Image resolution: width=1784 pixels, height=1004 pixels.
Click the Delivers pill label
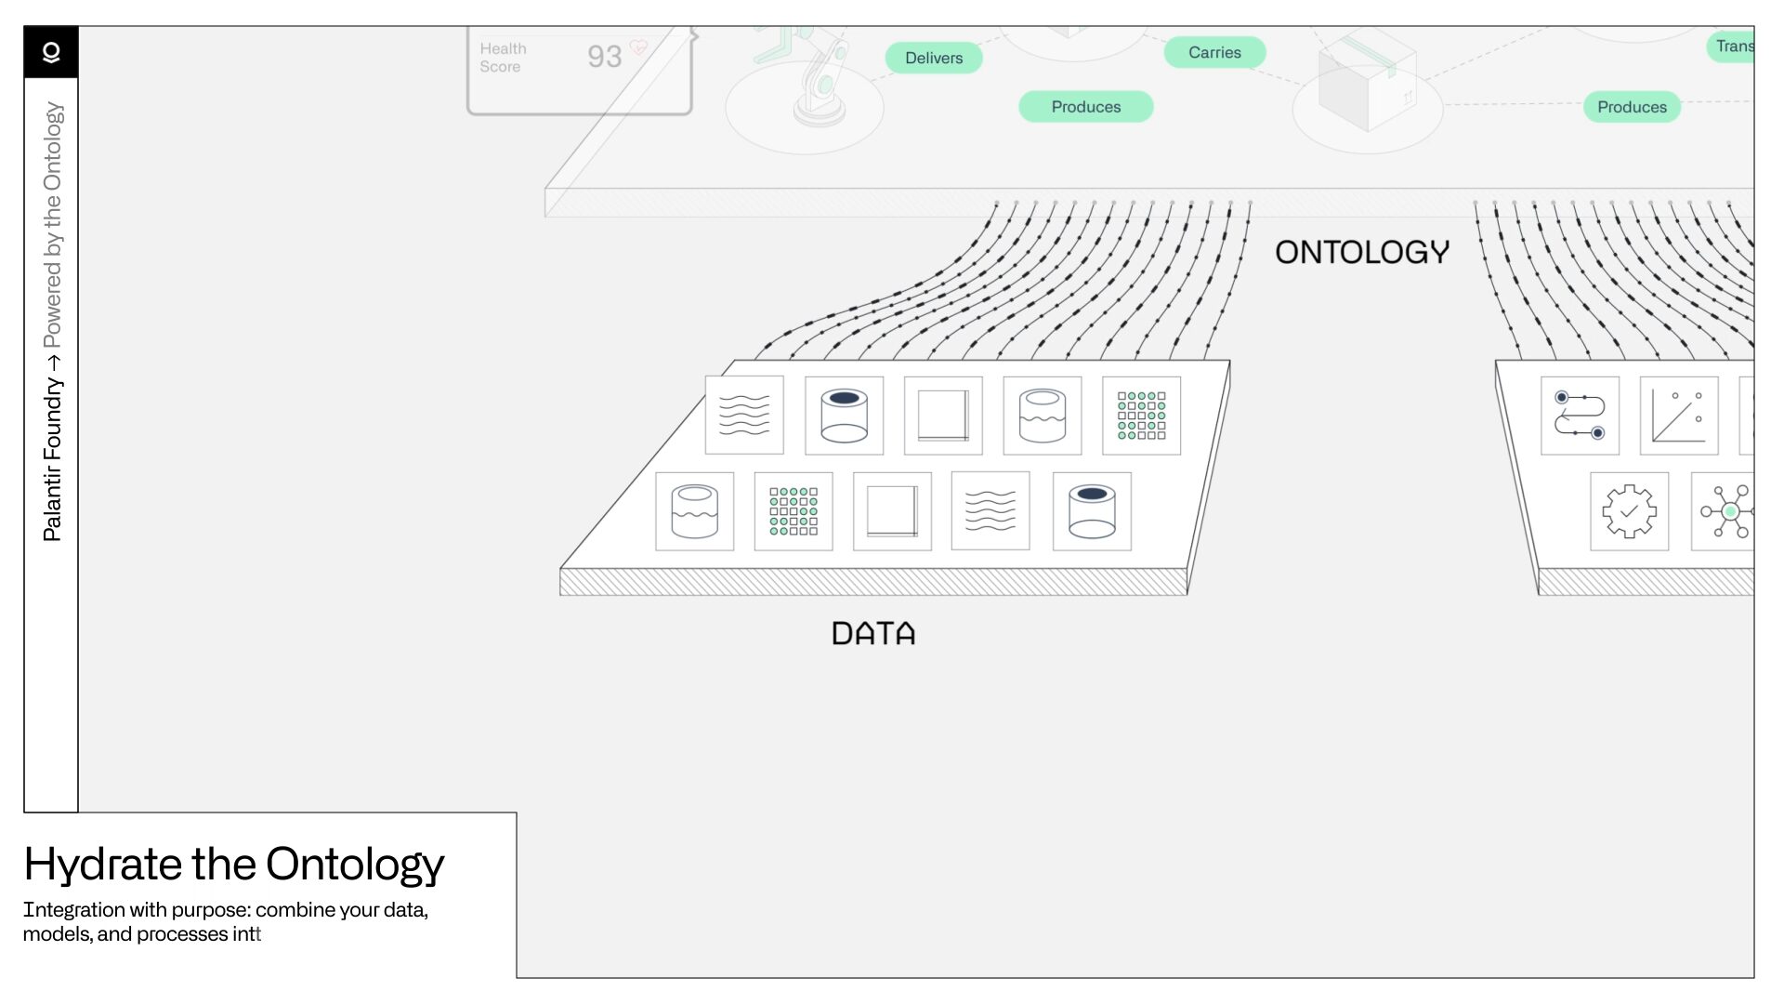[933, 58]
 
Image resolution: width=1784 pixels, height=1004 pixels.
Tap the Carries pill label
[1213, 53]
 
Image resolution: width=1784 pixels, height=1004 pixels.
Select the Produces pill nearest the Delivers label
[1085, 107]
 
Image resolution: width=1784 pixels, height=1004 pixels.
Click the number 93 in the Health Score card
[604, 57]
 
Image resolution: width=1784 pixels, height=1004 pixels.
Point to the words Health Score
[503, 58]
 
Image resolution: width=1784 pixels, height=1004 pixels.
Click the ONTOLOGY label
[1361, 252]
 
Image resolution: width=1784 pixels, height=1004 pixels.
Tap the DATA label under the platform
[872, 634]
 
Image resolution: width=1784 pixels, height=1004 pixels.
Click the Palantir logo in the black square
[51, 52]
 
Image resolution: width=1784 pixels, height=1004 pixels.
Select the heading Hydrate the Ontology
[234, 864]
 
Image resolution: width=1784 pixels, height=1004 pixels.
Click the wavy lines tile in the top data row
[744, 416]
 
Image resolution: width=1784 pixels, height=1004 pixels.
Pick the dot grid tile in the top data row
[1141, 416]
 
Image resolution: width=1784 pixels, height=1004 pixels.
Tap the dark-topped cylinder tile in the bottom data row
[1092, 511]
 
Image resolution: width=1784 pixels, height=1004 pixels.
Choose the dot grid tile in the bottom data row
[794, 511]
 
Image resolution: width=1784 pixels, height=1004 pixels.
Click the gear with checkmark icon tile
[1629, 511]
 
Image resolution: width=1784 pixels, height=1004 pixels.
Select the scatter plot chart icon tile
[1678, 416]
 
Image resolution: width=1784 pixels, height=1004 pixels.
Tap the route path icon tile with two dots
[1580, 416]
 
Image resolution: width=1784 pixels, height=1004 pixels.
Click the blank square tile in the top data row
[942, 416]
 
